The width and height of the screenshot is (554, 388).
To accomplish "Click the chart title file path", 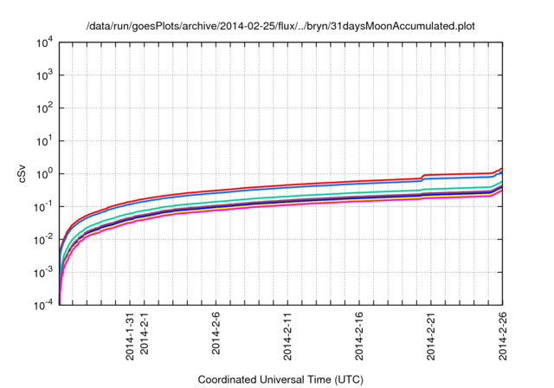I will click(x=281, y=27).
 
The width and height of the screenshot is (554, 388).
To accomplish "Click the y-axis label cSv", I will click(x=23, y=173).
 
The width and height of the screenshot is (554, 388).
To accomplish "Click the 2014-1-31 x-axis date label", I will click(x=130, y=337).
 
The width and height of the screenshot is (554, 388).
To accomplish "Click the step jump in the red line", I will click(x=422, y=177).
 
